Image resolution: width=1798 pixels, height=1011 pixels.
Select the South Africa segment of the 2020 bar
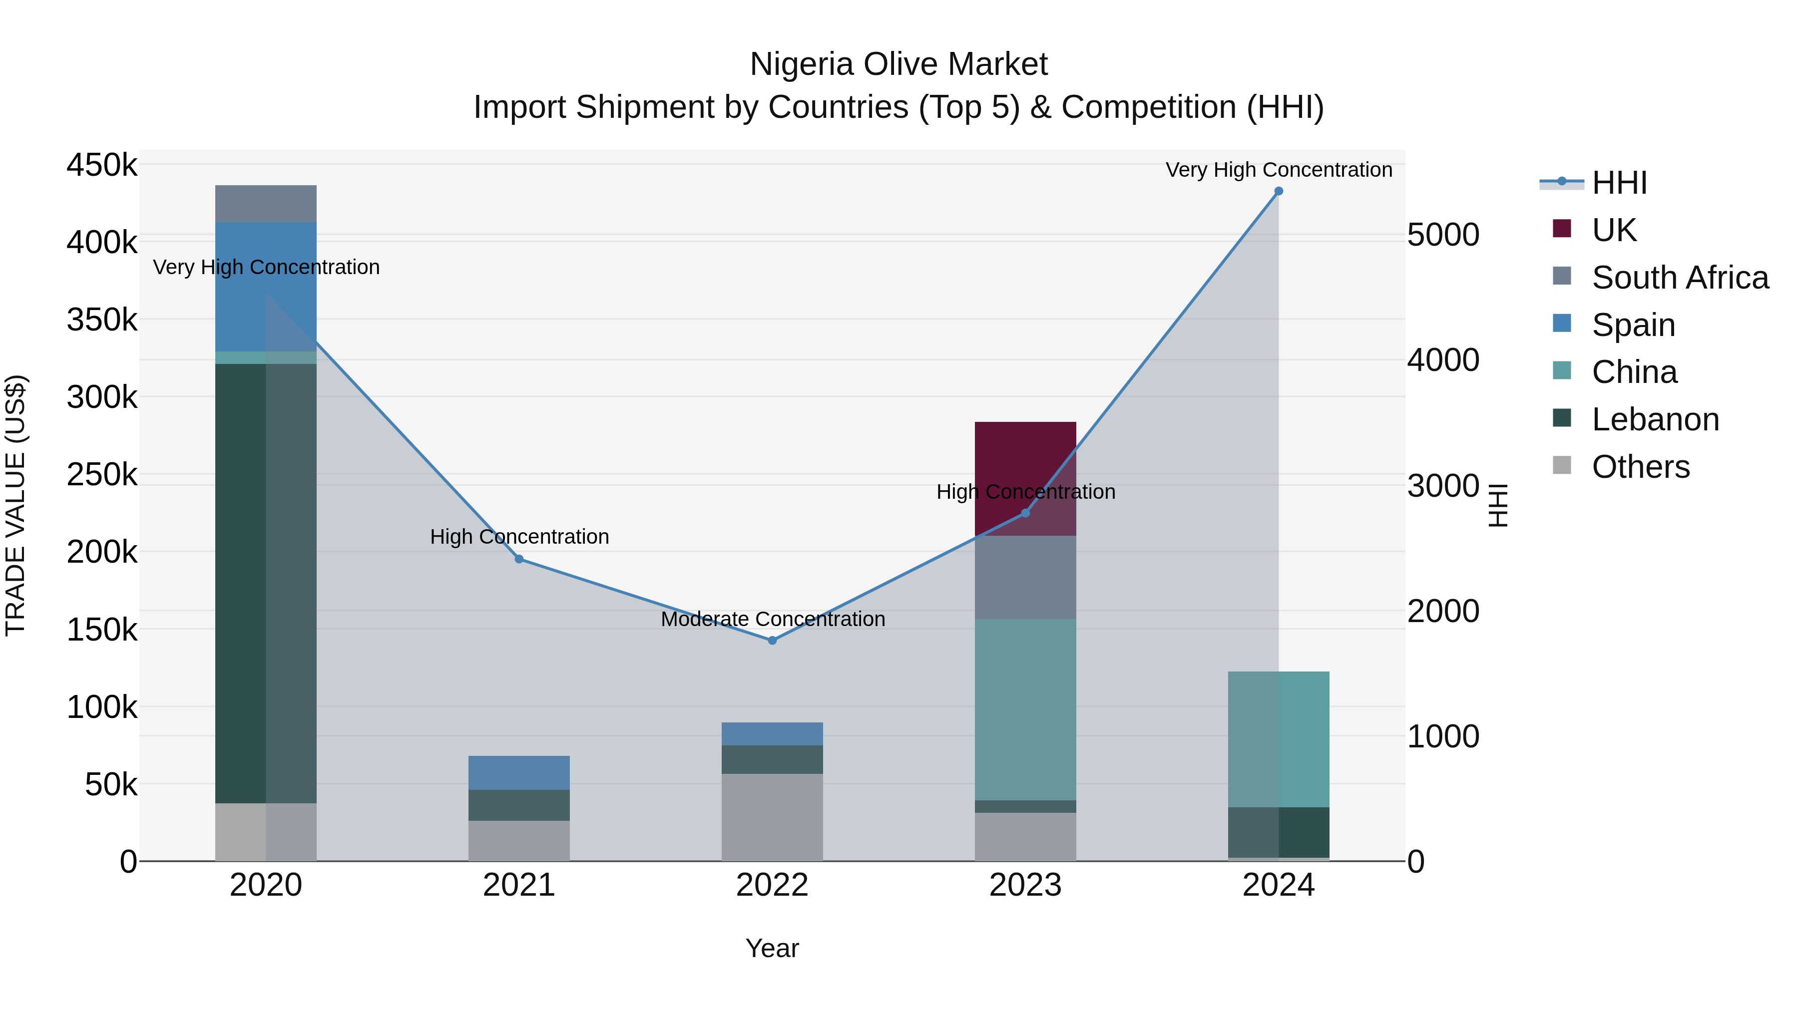click(265, 203)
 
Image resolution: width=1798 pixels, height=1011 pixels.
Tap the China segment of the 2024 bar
click(1278, 739)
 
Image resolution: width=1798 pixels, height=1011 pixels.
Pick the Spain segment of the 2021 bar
click(518, 772)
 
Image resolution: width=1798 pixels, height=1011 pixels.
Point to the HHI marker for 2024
click(1278, 191)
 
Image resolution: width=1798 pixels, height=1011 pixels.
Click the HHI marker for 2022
click(772, 640)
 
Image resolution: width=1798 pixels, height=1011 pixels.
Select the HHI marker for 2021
click(518, 559)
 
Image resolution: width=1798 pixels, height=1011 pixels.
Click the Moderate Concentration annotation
click(773, 619)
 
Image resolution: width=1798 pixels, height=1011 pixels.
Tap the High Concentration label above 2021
click(519, 537)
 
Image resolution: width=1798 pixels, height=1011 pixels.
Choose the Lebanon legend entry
click(1655, 419)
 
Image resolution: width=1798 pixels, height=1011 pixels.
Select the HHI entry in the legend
click(1619, 183)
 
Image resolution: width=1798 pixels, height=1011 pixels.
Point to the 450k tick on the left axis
click(102, 166)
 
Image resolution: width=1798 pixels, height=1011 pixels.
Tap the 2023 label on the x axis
click(1025, 885)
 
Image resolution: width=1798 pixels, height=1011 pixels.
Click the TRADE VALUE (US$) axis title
click(16, 505)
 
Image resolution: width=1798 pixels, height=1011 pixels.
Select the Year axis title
click(772, 948)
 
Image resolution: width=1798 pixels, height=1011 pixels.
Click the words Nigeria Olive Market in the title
click(899, 64)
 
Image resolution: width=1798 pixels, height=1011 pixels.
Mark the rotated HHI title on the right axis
click(1498, 505)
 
